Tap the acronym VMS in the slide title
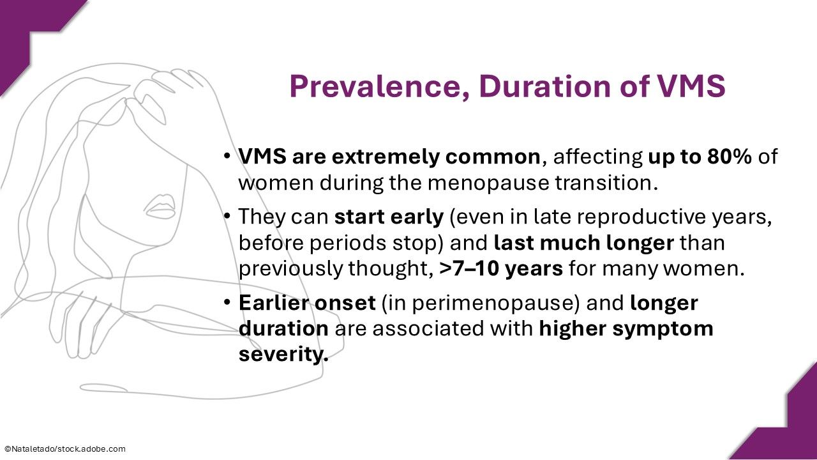691,86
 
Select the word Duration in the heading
546,86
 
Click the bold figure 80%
729,157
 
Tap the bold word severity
283,355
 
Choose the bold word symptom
663,329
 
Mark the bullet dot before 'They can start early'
227,217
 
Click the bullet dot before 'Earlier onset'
227,303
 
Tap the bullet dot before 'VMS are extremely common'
227,156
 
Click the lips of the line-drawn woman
160,206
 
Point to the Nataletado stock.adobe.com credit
65,449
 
